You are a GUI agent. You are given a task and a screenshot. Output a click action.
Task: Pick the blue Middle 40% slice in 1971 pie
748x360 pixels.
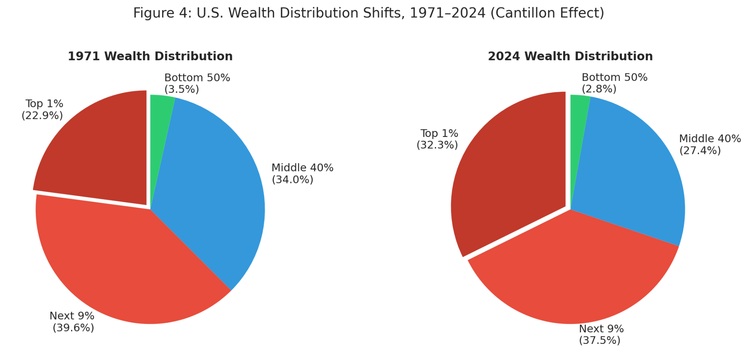(x=210, y=187)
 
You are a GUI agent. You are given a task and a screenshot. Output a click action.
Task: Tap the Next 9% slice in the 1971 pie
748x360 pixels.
(x=123, y=262)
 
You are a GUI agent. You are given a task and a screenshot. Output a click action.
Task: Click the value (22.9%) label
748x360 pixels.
(x=42, y=116)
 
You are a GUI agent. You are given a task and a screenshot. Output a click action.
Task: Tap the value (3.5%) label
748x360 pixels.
(x=181, y=89)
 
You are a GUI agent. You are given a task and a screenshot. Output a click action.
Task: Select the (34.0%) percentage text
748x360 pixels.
(x=292, y=180)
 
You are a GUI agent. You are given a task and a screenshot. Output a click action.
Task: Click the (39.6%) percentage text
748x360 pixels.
(x=73, y=328)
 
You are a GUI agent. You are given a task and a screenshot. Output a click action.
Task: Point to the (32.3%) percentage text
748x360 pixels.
(x=437, y=145)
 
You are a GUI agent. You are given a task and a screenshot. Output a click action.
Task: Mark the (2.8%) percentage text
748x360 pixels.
(x=599, y=89)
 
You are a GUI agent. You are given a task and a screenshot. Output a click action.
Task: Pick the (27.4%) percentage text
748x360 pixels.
(x=700, y=150)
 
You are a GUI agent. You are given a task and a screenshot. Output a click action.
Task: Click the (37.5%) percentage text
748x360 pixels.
(x=599, y=341)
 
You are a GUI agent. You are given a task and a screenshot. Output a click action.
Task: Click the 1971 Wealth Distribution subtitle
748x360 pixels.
(x=150, y=56)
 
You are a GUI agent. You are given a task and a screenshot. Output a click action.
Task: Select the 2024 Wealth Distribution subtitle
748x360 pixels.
(x=570, y=56)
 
